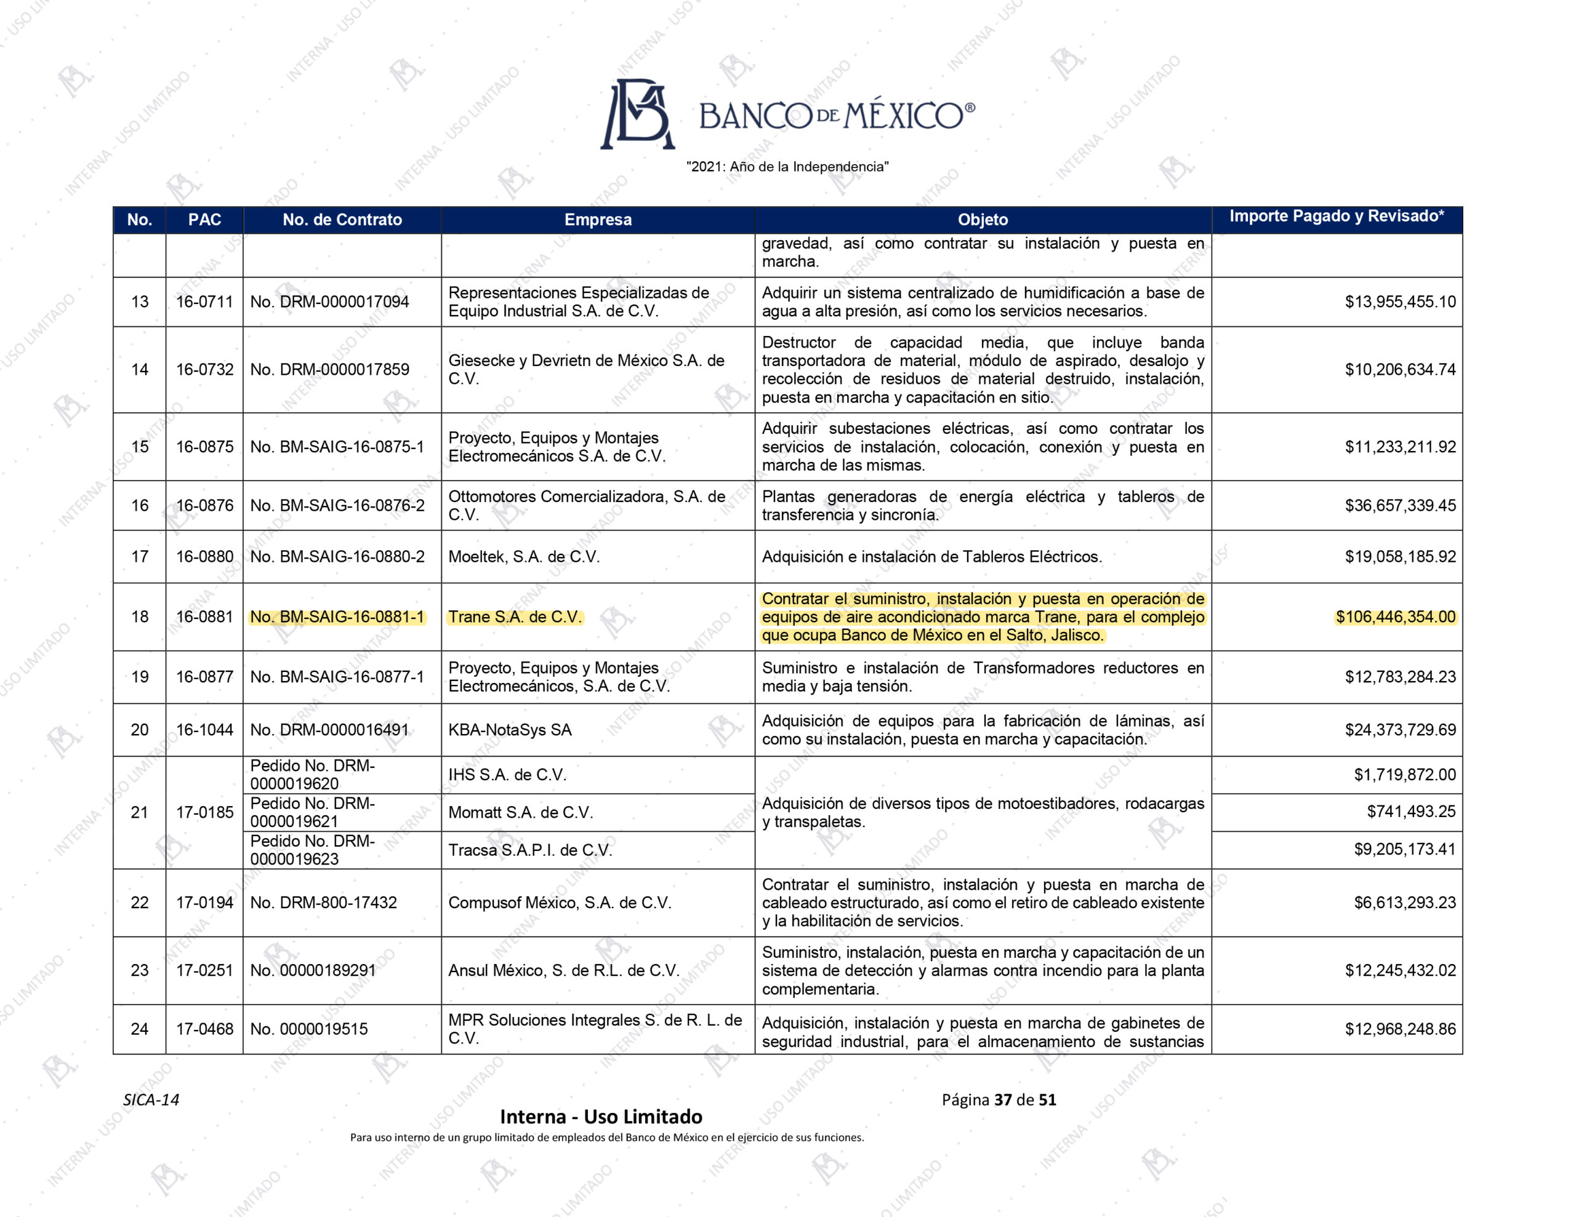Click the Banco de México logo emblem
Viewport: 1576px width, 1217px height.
[x=638, y=114]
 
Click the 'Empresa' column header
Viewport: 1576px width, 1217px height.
[x=598, y=219]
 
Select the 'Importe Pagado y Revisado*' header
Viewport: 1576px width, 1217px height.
[x=1337, y=216]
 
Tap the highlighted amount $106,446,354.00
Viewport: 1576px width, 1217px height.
[x=1395, y=616]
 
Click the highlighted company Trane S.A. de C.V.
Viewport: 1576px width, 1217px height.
[x=515, y=616]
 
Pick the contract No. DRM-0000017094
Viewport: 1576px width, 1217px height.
[x=329, y=301]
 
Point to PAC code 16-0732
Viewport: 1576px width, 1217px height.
[x=205, y=369]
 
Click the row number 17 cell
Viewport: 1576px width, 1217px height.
[x=139, y=556]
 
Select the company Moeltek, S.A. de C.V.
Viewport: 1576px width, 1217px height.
[x=523, y=556]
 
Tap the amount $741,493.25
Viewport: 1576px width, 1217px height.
[x=1411, y=811]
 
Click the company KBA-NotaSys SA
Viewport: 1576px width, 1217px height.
[x=510, y=729]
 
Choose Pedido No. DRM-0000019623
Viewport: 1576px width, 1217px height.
[x=313, y=850]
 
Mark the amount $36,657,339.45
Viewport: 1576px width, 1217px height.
[x=1400, y=505]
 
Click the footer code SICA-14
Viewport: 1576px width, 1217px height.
[x=151, y=1099]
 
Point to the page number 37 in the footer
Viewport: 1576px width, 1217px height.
[x=1002, y=1099]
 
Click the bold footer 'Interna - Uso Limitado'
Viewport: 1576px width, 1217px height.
[x=600, y=1117]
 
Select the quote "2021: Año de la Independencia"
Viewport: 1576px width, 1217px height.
[x=787, y=167]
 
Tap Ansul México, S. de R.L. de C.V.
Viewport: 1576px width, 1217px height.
[x=563, y=970]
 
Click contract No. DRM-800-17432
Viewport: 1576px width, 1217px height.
[x=323, y=903]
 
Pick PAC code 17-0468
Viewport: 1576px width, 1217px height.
[x=205, y=1029]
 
